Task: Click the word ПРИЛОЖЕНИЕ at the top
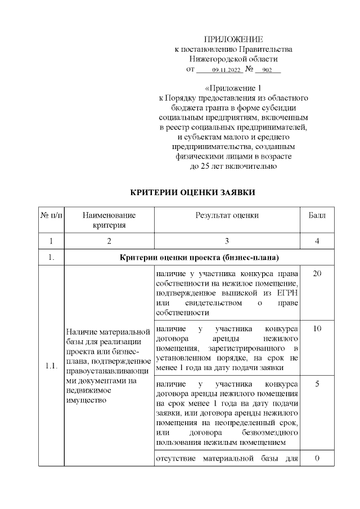pos(233,39)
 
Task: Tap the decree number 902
pos(267,70)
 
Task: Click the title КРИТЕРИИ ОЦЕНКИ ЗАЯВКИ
pos(193,192)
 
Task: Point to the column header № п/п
pos(51,215)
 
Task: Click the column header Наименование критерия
pos(109,220)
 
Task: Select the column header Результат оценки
pos(227,215)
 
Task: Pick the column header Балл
pos(317,215)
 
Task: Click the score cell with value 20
pos(317,273)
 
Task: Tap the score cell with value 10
pos(317,328)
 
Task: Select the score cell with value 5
pos(317,384)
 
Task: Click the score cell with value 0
pos(317,458)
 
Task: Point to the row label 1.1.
pos(51,366)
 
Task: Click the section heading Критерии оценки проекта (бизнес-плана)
pos(200,259)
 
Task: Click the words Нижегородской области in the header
pos(233,60)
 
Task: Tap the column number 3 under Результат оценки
pos(227,241)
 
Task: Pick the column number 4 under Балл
pos(317,241)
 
